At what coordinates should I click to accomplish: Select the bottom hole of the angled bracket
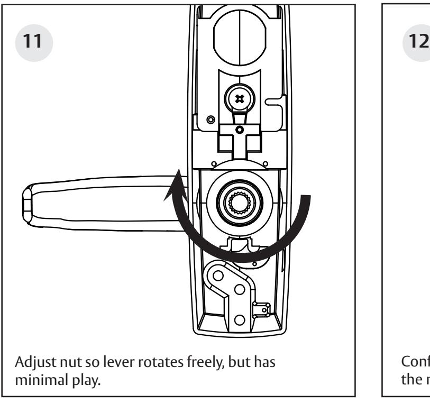(x=238, y=319)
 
